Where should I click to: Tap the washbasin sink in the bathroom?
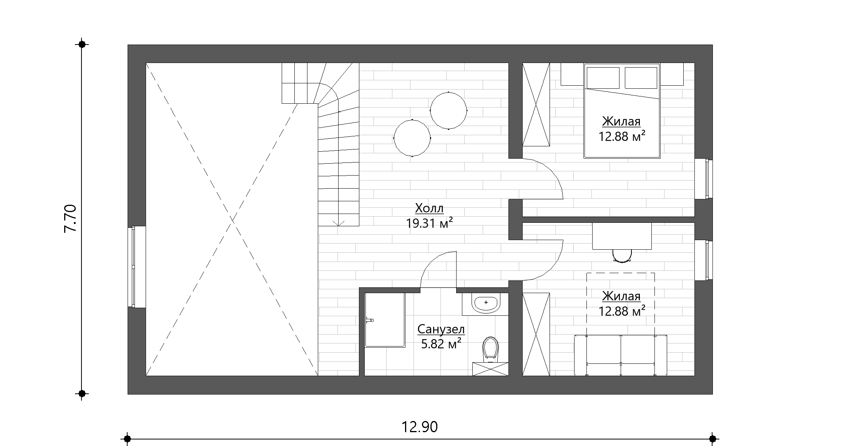point(486,304)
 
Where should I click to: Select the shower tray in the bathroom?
point(385,320)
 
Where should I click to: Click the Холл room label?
point(429,209)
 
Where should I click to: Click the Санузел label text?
point(441,329)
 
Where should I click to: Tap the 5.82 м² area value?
point(441,344)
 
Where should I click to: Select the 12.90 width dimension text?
point(420,427)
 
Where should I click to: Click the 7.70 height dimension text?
point(70,219)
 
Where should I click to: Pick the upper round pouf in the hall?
point(448,111)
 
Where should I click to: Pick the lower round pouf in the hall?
point(412,138)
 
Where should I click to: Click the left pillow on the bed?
point(603,78)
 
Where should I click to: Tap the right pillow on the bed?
point(641,78)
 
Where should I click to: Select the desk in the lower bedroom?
point(622,236)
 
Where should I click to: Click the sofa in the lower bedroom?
point(621,355)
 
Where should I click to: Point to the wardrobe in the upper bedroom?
point(536,104)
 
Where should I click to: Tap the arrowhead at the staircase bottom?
point(339,222)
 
